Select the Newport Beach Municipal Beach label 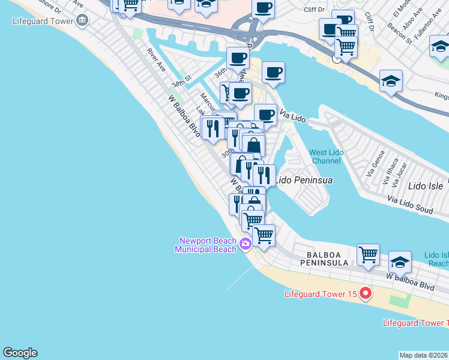pos(206,245)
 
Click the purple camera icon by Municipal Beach pos(244,243)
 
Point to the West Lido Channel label pos(327,157)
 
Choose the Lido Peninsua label pos(303,179)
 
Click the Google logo pos(20,353)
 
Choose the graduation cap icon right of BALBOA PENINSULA pos(400,262)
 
